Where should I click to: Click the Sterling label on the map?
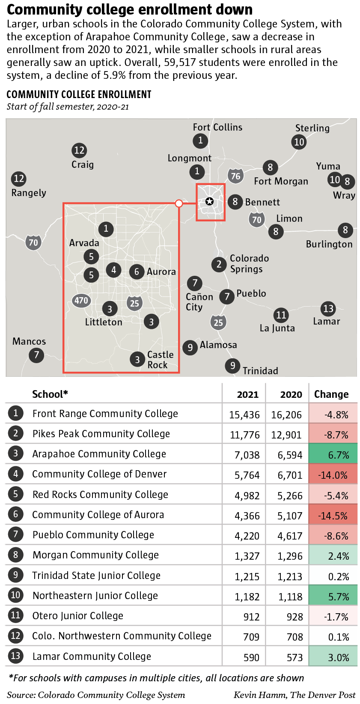pyautogui.click(x=312, y=128)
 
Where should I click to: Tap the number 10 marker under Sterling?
pyautogui.click(x=299, y=142)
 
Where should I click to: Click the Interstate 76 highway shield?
pyautogui.click(x=235, y=176)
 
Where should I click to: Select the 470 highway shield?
pyautogui.click(x=81, y=301)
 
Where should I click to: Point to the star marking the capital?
pyautogui.click(x=209, y=201)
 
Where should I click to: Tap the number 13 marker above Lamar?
pyautogui.click(x=328, y=308)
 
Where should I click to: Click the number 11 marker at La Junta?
pyautogui.click(x=281, y=315)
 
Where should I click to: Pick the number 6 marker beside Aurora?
pyautogui.click(x=137, y=271)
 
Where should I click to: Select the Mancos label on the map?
pyautogui.click(x=29, y=341)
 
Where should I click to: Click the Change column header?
pyautogui.click(x=331, y=394)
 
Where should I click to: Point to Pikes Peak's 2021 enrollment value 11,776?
pyautogui.click(x=245, y=435)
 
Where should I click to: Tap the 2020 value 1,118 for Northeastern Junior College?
pyautogui.click(x=290, y=597)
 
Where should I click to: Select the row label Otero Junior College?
pyautogui.click(x=77, y=616)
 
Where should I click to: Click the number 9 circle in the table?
pyautogui.click(x=15, y=575)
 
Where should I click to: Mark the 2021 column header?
pyautogui.click(x=247, y=394)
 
